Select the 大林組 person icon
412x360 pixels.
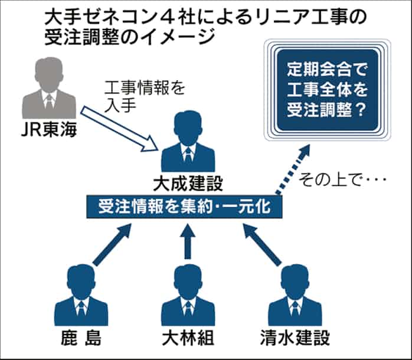coord(188,295)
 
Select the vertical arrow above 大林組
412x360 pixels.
coord(188,242)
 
